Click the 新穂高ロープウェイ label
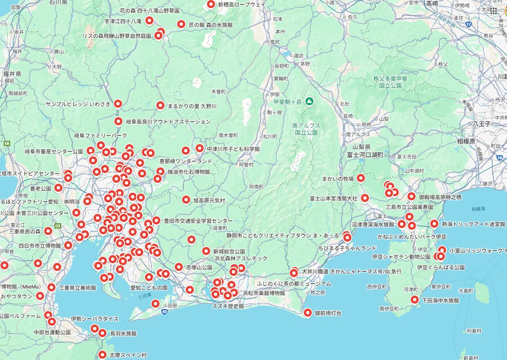[242, 4]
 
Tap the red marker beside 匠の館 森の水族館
[181, 24]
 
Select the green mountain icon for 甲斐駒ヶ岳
[310, 101]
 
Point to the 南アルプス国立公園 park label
[307, 129]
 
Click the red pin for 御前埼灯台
[308, 313]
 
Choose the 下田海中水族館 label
[440, 300]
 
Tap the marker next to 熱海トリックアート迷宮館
[434, 224]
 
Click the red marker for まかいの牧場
[361, 178]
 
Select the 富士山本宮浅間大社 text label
[334, 198]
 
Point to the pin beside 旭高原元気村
[186, 200]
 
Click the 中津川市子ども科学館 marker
[200, 148]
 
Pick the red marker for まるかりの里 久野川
[160, 105]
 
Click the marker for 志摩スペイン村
[102, 355]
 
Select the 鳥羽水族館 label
[123, 333]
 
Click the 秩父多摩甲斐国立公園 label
[390, 82]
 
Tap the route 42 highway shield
[164, 311]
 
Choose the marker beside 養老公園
[58, 188]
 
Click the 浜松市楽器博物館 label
[264, 293]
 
